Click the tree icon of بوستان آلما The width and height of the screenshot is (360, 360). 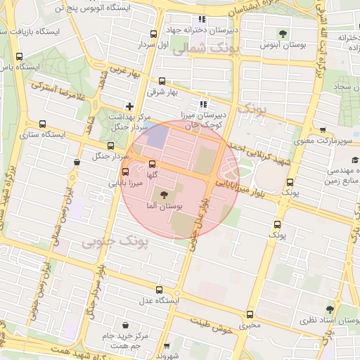pos(165,195)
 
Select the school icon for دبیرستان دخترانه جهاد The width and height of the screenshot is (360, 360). pos(202,20)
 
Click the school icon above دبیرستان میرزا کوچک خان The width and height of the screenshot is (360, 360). pos(204,103)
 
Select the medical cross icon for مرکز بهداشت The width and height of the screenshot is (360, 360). pos(129,105)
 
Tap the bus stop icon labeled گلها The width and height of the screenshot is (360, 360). pos(152,164)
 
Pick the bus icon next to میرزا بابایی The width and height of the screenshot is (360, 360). pos(126,172)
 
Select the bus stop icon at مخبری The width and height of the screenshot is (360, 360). pos(249,314)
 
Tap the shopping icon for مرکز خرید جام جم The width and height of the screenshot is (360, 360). pos(126,326)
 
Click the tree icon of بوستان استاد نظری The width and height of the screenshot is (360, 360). pos(329,308)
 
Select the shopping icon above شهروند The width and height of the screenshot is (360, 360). pos(167,345)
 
